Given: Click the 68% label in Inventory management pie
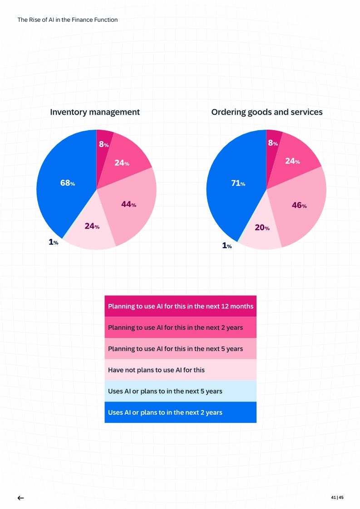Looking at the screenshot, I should [67, 183].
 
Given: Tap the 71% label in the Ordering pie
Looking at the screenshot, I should [238, 183].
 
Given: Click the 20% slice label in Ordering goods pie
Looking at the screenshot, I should [262, 228].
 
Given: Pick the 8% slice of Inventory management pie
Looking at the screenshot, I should [104, 145].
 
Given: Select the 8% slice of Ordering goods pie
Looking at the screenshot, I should [273, 143].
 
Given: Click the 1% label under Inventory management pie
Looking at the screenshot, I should [53, 243].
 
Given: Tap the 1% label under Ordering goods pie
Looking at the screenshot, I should [227, 246].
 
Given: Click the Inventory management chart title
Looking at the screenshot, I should [95, 112].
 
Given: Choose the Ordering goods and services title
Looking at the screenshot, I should [266, 112].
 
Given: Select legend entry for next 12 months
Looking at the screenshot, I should [180, 306].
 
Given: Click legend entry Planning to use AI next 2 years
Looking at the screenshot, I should [180, 328].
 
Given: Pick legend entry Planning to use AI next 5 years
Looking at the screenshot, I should [180, 349].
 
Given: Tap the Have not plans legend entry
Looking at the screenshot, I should [180, 370].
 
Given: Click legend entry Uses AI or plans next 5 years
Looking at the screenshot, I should [180, 391].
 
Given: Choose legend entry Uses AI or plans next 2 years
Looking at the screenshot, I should [180, 412].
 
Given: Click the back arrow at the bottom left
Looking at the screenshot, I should [20, 498].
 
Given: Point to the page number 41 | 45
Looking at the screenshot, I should [337, 498].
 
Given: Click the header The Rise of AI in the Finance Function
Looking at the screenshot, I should [67, 20].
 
